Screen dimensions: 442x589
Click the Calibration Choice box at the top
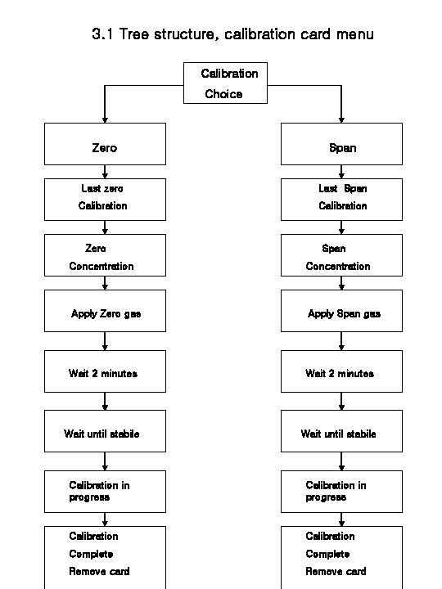[x=225, y=83]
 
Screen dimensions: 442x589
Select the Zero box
[x=105, y=144]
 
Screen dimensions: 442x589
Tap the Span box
[x=341, y=144]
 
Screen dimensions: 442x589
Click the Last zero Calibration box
[x=105, y=200]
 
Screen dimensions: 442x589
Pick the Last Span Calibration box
[x=341, y=200]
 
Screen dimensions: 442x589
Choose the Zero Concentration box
[x=105, y=255]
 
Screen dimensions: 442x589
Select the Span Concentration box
[x=341, y=255]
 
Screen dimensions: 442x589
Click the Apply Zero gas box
[x=105, y=311]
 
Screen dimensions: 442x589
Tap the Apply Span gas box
[x=341, y=311]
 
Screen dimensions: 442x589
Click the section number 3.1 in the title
[x=102, y=34]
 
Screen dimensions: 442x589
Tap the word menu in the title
[x=354, y=34]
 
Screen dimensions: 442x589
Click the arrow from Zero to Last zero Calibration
[x=105, y=172]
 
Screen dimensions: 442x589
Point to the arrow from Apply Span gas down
[x=341, y=341]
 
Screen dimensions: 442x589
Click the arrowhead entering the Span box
[x=341, y=119]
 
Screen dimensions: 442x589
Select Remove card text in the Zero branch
[x=99, y=571]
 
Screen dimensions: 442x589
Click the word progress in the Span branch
[x=326, y=497]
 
